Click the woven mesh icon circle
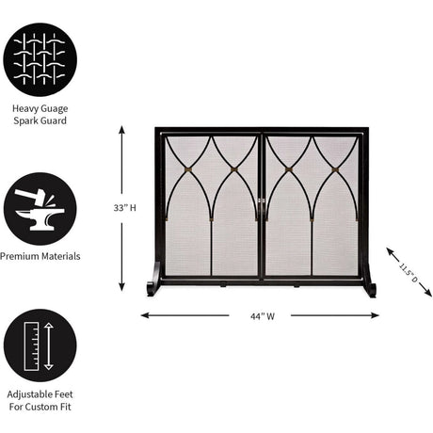(x=40, y=59)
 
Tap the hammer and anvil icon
(x=40, y=209)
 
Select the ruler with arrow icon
(x=40, y=345)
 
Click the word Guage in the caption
(x=53, y=109)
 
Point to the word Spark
(x=24, y=120)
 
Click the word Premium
(x=19, y=256)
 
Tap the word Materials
(x=60, y=256)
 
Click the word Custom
(x=40, y=407)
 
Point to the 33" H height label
(x=125, y=208)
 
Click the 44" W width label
(x=263, y=316)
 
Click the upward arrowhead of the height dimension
(x=122, y=130)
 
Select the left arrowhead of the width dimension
(x=145, y=315)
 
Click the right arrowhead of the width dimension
(x=375, y=315)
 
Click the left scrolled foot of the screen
(x=154, y=280)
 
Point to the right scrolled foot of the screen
(x=369, y=280)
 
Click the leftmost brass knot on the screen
(x=187, y=169)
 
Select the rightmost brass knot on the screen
(x=336, y=170)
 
